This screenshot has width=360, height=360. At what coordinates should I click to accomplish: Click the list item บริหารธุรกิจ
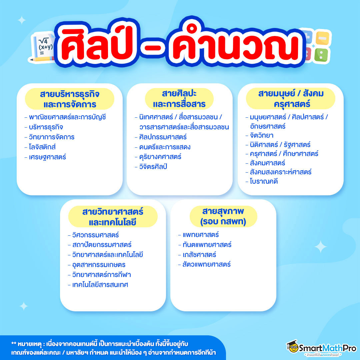(x=46, y=127)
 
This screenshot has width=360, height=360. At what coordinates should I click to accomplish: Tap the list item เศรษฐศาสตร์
(x=47, y=157)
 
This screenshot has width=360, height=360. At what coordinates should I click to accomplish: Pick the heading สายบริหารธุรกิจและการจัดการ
(x=70, y=99)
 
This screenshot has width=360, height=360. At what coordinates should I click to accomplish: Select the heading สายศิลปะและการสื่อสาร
(x=179, y=99)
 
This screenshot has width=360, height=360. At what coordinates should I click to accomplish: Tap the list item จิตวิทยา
(x=261, y=135)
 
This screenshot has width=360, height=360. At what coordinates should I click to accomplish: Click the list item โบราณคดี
(x=264, y=181)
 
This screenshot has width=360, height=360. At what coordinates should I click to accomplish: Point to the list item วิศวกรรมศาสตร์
(x=95, y=235)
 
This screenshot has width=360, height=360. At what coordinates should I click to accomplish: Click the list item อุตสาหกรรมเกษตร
(x=99, y=265)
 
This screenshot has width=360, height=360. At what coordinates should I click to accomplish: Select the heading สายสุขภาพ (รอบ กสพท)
(x=223, y=217)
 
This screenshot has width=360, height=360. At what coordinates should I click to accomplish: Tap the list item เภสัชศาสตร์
(x=199, y=255)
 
